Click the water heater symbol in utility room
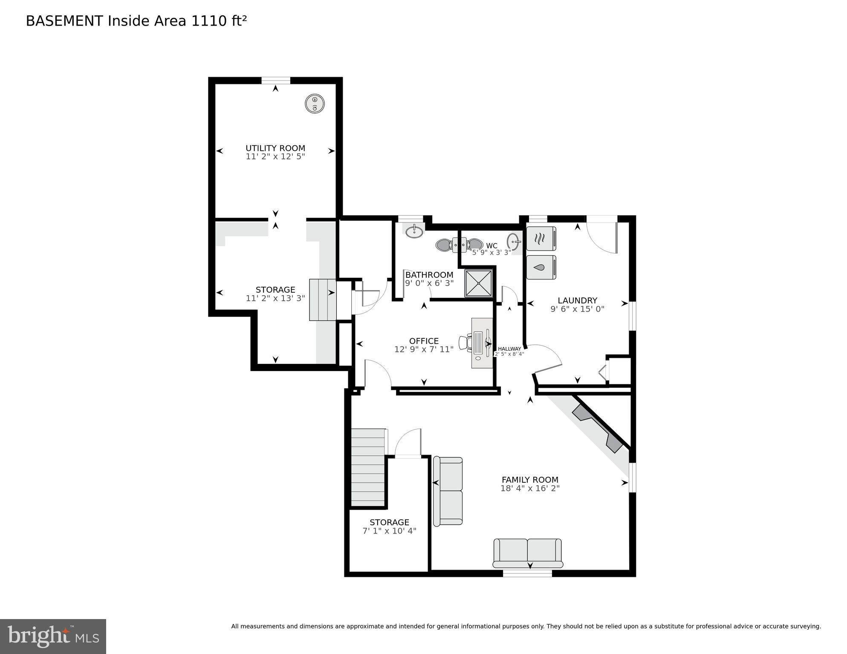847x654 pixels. coord(315,104)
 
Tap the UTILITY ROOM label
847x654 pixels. coord(275,148)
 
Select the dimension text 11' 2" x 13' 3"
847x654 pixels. coord(275,298)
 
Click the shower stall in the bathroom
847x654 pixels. coord(479,283)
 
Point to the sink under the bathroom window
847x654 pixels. coord(414,232)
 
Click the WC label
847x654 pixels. coord(491,246)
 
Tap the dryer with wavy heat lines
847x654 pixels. coord(541,239)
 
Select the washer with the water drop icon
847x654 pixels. coord(541,267)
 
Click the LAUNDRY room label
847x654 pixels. coord(577,300)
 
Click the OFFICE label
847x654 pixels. coord(424,341)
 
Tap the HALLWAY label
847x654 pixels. coord(509,349)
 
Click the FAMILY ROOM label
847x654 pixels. coord(530,480)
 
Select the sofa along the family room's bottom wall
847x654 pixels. coord(528,553)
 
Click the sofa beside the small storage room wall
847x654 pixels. coord(448,491)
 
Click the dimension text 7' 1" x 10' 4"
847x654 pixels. coord(389,531)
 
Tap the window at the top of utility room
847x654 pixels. coord(276,81)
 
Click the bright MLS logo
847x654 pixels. coord(53,637)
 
